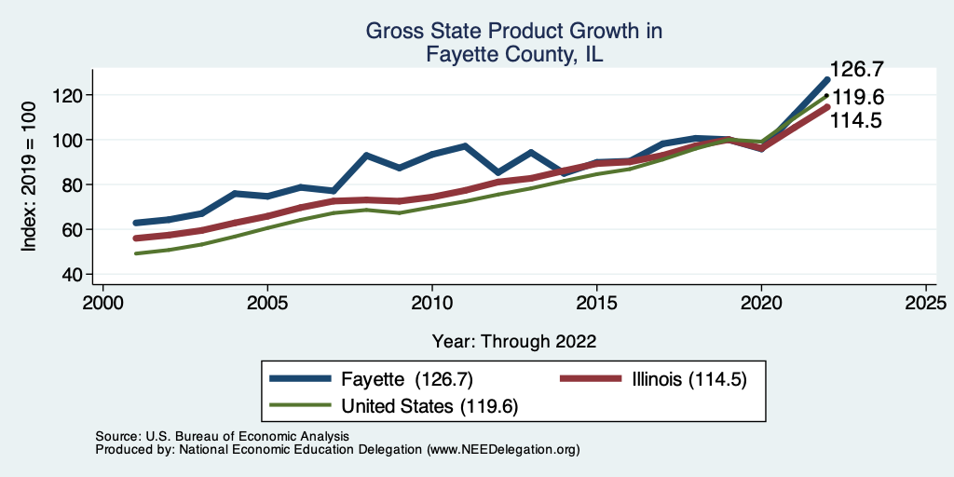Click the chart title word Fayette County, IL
(514, 54)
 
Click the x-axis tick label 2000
(103, 305)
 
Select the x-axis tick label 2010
(432, 305)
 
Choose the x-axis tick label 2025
(926, 305)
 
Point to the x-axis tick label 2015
(597, 305)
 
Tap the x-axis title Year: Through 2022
(514, 340)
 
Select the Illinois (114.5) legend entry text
(688, 378)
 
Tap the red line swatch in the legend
(590, 378)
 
